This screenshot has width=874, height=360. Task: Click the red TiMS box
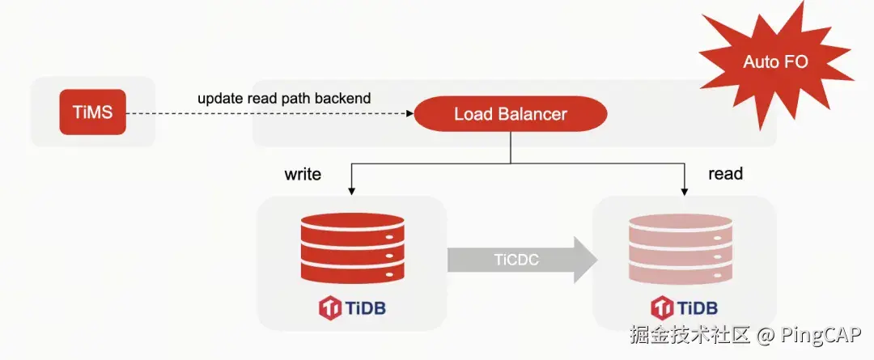coord(92,112)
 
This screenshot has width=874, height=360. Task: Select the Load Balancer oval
coord(510,114)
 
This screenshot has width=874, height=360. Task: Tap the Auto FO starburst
coord(775,62)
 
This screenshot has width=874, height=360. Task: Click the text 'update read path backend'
coord(284,99)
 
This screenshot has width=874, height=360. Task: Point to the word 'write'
coord(303,174)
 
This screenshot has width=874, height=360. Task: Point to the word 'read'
coord(725,174)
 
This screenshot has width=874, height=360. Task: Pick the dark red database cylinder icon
coord(351,246)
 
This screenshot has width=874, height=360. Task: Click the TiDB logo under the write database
coord(351,308)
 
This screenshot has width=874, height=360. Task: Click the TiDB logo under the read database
coord(685,308)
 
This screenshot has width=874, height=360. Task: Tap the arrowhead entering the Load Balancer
coord(408,114)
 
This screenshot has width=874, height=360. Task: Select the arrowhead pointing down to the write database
coord(351,190)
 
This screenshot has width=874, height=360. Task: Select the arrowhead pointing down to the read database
coord(685,190)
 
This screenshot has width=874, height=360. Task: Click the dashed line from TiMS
coord(267,114)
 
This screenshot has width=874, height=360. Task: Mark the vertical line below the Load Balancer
coord(510,147)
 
